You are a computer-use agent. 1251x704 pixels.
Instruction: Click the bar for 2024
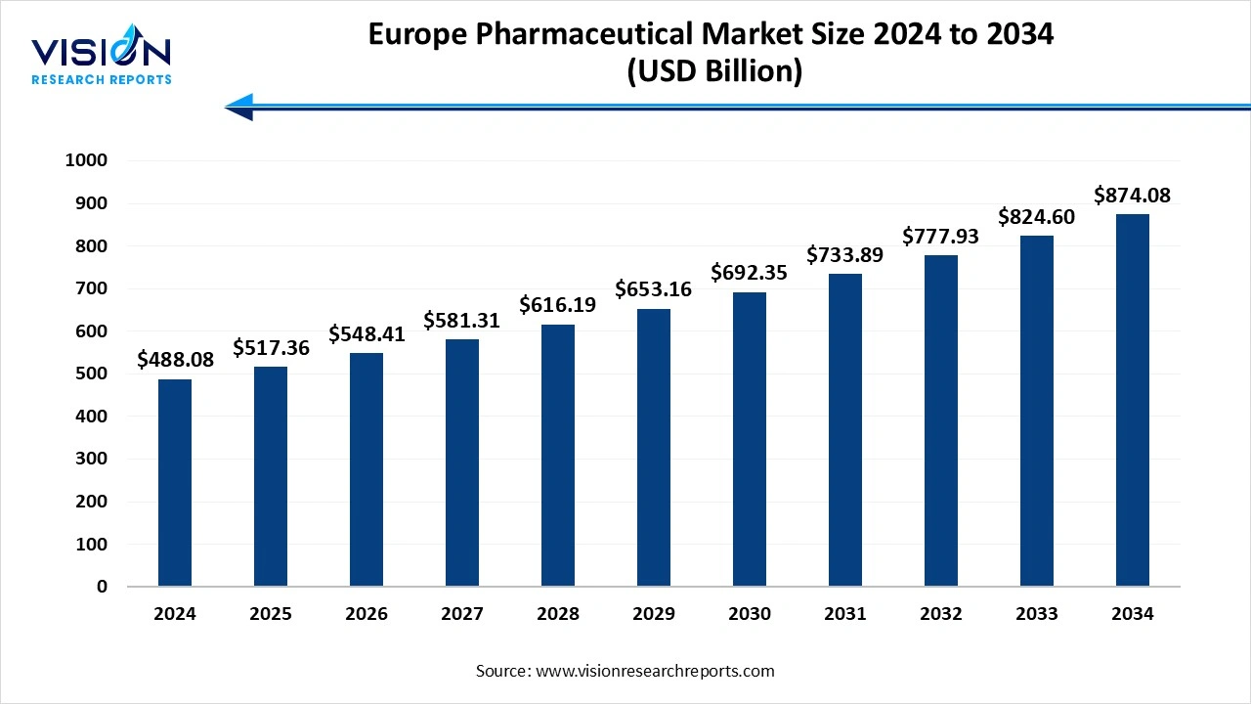coord(175,483)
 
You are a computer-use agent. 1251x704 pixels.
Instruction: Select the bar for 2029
coord(654,448)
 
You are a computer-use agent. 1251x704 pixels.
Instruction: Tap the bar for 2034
coord(1133,401)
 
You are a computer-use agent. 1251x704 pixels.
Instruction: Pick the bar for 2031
coord(845,430)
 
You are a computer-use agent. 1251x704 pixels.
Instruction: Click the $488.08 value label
coord(175,360)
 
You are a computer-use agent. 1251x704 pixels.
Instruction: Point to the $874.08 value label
coord(1133,195)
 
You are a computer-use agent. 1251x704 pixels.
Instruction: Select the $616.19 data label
coord(558,305)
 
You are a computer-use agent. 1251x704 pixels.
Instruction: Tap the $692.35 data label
coord(750,272)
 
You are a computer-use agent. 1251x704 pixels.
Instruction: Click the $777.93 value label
coord(941,236)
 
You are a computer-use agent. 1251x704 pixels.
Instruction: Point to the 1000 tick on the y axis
coord(86,160)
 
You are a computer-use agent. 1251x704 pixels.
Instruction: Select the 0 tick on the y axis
coord(102,587)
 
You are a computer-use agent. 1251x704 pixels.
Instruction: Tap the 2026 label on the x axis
coord(367,614)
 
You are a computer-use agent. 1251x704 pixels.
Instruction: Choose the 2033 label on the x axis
coord(1037,614)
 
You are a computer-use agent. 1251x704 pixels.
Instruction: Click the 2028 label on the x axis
coord(558,614)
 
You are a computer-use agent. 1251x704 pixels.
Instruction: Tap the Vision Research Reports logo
coord(102,60)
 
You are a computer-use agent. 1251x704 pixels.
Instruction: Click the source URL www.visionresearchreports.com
coord(654,671)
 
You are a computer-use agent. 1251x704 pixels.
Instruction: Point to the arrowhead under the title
coord(239,107)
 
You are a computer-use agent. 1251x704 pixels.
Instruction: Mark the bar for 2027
coord(462,463)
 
